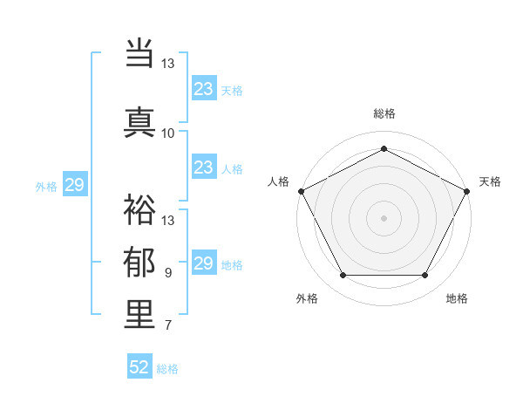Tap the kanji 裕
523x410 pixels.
(x=139, y=209)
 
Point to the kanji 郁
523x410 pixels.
(x=139, y=263)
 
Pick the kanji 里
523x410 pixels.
(x=139, y=315)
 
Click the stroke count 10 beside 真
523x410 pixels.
(x=167, y=133)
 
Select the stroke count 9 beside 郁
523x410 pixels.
(x=167, y=273)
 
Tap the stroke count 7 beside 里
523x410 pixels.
(x=167, y=326)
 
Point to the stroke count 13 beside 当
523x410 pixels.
(x=167, y=64)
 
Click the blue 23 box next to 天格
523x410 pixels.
(x=204, y=89)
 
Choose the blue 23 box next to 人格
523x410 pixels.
(x=204, y=167)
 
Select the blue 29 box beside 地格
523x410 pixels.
(x=204, y=263)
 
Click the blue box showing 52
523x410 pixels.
(x=139, y=367)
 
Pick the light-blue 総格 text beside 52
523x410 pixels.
(x=167, y=369)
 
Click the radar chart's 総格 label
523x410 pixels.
(x=384, y=113)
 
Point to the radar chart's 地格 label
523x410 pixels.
(x=457, y=298)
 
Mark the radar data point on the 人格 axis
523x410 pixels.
(x=301, y=190)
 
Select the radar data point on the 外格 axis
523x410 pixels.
(x=343, y=276)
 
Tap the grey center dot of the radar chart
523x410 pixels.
(x=384, y=217)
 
